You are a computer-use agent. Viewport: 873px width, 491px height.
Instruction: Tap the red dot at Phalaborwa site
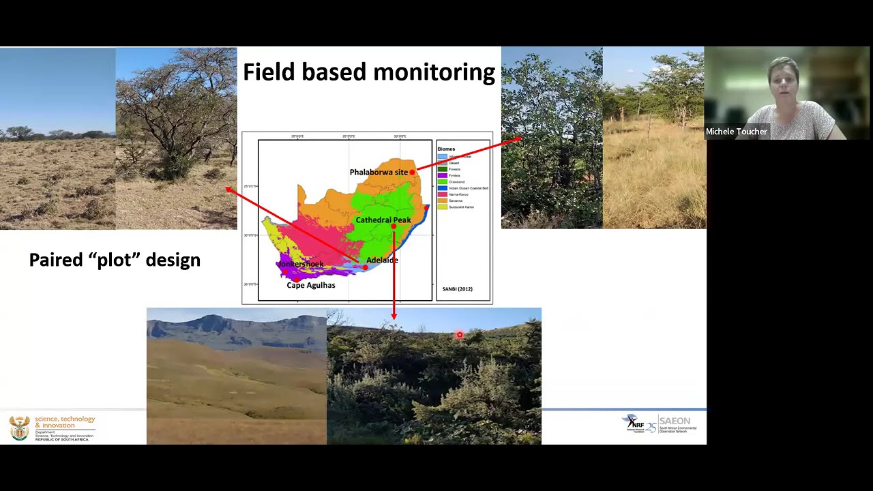(412, 173)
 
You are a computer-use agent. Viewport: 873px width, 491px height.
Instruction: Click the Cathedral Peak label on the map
(383, 220)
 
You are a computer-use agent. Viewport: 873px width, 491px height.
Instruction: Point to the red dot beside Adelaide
(365, 267)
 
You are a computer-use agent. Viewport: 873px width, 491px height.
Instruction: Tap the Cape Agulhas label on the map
(310, 285)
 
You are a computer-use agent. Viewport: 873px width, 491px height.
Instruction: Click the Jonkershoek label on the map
(300, 264)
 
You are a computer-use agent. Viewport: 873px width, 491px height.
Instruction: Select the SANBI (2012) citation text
(457, 289)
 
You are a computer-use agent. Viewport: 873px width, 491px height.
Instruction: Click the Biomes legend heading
(446, 149)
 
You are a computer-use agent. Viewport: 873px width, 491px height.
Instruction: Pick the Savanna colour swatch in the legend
(442, 200)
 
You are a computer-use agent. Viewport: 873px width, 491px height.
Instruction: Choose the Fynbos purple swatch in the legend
(442, 175)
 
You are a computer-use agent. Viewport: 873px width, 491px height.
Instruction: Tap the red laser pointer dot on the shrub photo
(459, 335)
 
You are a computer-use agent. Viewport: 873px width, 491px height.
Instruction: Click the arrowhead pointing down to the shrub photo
(394, 316)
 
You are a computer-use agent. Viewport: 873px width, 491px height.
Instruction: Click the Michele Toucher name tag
(736, 132)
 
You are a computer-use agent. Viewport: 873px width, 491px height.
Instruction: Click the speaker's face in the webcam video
(784, 80)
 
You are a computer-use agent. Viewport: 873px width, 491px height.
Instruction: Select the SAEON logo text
(675, 421)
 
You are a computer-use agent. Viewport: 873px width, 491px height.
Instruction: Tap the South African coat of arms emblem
(19, 428)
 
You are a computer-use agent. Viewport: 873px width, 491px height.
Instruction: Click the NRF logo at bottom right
(635, 423)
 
